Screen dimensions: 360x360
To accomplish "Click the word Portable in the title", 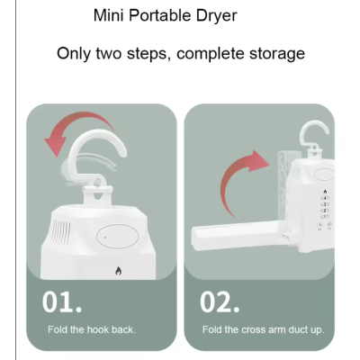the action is [x=160, y=15].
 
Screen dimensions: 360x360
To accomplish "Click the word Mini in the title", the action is [x=108, y=15].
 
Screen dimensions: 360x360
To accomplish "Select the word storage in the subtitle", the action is [x=277, y=55].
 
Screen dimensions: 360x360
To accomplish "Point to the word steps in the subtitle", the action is [x=148, y=55].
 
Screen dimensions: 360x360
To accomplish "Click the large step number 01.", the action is [x=62, y=302].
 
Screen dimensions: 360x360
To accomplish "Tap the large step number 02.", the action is [x=220, y=302].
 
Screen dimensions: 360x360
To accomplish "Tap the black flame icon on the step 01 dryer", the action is [x=119, y=271].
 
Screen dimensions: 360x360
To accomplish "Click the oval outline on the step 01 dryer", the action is [x=117, y=237].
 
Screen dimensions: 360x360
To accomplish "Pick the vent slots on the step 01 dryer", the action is [x=61, y=231].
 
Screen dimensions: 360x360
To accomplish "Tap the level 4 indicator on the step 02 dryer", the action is [x=325, y=198].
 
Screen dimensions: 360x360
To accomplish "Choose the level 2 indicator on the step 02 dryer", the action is [x=325, y=211].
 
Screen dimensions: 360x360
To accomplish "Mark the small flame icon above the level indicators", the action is [x=326, y=192].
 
